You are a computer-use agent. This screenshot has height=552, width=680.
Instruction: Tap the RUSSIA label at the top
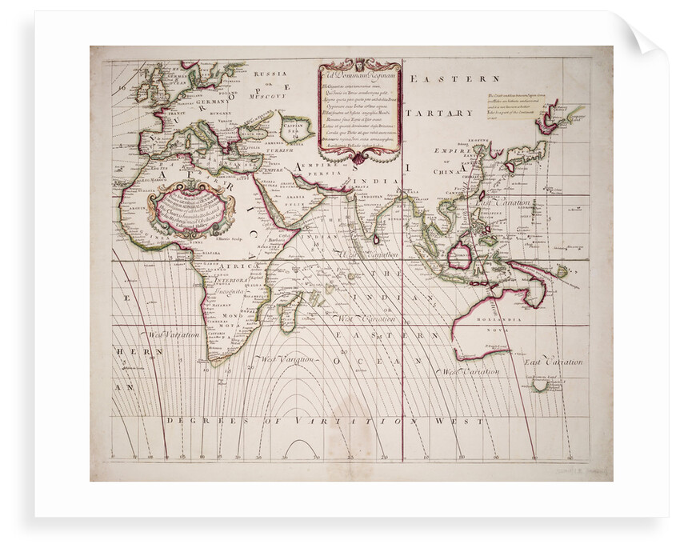coord(265,74)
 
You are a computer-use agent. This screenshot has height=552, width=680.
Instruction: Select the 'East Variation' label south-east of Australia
coord(554,362)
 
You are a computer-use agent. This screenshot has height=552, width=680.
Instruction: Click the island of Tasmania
coord(541,386)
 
